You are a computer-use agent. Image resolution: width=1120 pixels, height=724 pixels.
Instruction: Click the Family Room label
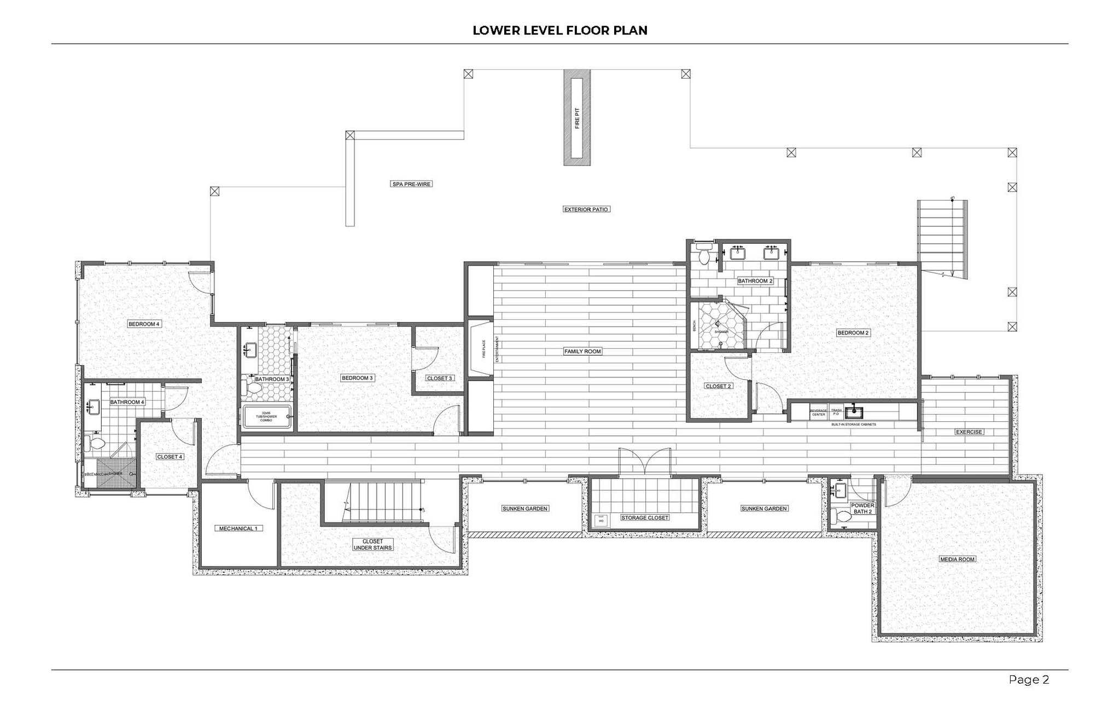click(582, 351)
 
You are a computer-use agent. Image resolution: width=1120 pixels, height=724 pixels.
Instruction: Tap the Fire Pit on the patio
click(577, 117)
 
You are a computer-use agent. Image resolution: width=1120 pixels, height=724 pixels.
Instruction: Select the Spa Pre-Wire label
click(411, 184)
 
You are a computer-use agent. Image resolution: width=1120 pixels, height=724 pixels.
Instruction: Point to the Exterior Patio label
click(586, 209)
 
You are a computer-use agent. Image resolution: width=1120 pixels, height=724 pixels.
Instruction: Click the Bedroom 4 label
click(144, 324)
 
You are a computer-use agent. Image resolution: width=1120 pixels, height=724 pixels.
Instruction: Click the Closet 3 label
click(440, 378)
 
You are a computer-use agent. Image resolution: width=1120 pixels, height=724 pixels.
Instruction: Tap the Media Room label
click(958, 559)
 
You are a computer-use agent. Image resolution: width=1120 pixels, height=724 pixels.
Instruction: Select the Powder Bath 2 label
click(862, 509)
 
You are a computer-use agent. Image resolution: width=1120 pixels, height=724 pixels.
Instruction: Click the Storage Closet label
click(645, 517)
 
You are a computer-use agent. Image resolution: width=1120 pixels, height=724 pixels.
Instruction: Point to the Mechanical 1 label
click(237, 528)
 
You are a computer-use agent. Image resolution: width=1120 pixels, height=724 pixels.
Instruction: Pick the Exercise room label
click(969, 432)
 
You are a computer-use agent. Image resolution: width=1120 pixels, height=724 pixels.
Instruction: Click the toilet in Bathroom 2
click(704, 257)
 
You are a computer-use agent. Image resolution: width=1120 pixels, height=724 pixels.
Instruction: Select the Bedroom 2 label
click(853, 333)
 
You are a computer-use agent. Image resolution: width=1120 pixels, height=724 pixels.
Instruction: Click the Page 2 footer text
click(1029, 680)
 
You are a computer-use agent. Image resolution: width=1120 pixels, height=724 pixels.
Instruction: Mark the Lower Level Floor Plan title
click(560, 31)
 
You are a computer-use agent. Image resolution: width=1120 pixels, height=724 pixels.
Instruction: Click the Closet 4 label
click(170, 457)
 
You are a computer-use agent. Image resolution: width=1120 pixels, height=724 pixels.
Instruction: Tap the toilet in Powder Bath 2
click(842, 516)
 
